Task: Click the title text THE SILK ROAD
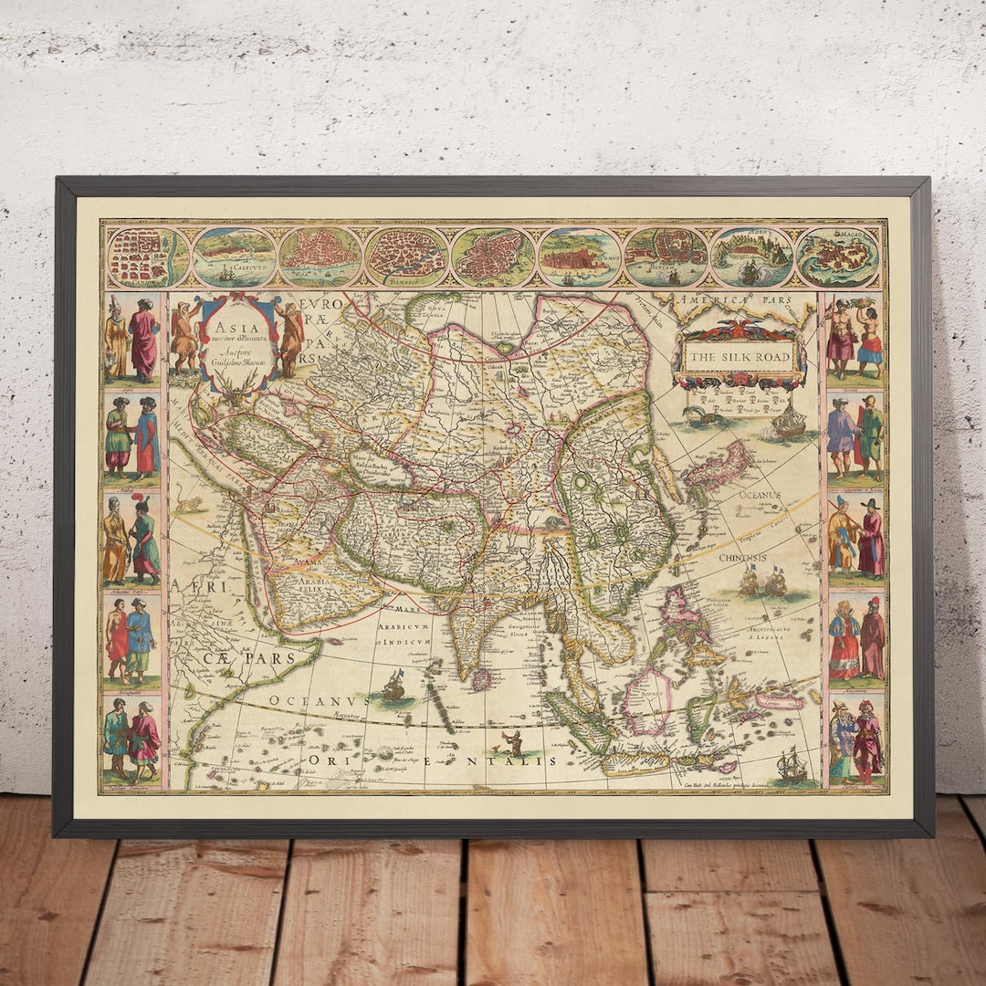pos(739,357)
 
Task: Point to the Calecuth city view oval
pos(235,257)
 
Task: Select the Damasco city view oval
pos(407,257)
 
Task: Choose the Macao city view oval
pos(837,257)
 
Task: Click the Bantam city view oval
pos(666,257)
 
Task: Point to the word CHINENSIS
pos(741,558)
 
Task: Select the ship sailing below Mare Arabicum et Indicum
pos(394,685)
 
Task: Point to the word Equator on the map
pos(348,718)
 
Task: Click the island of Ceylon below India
pos(485,678)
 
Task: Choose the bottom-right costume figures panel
pos(856,741)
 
